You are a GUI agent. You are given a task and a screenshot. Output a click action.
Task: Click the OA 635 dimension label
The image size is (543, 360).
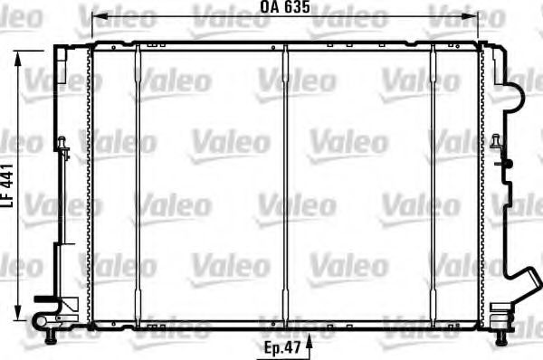(x=285, y=7)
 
